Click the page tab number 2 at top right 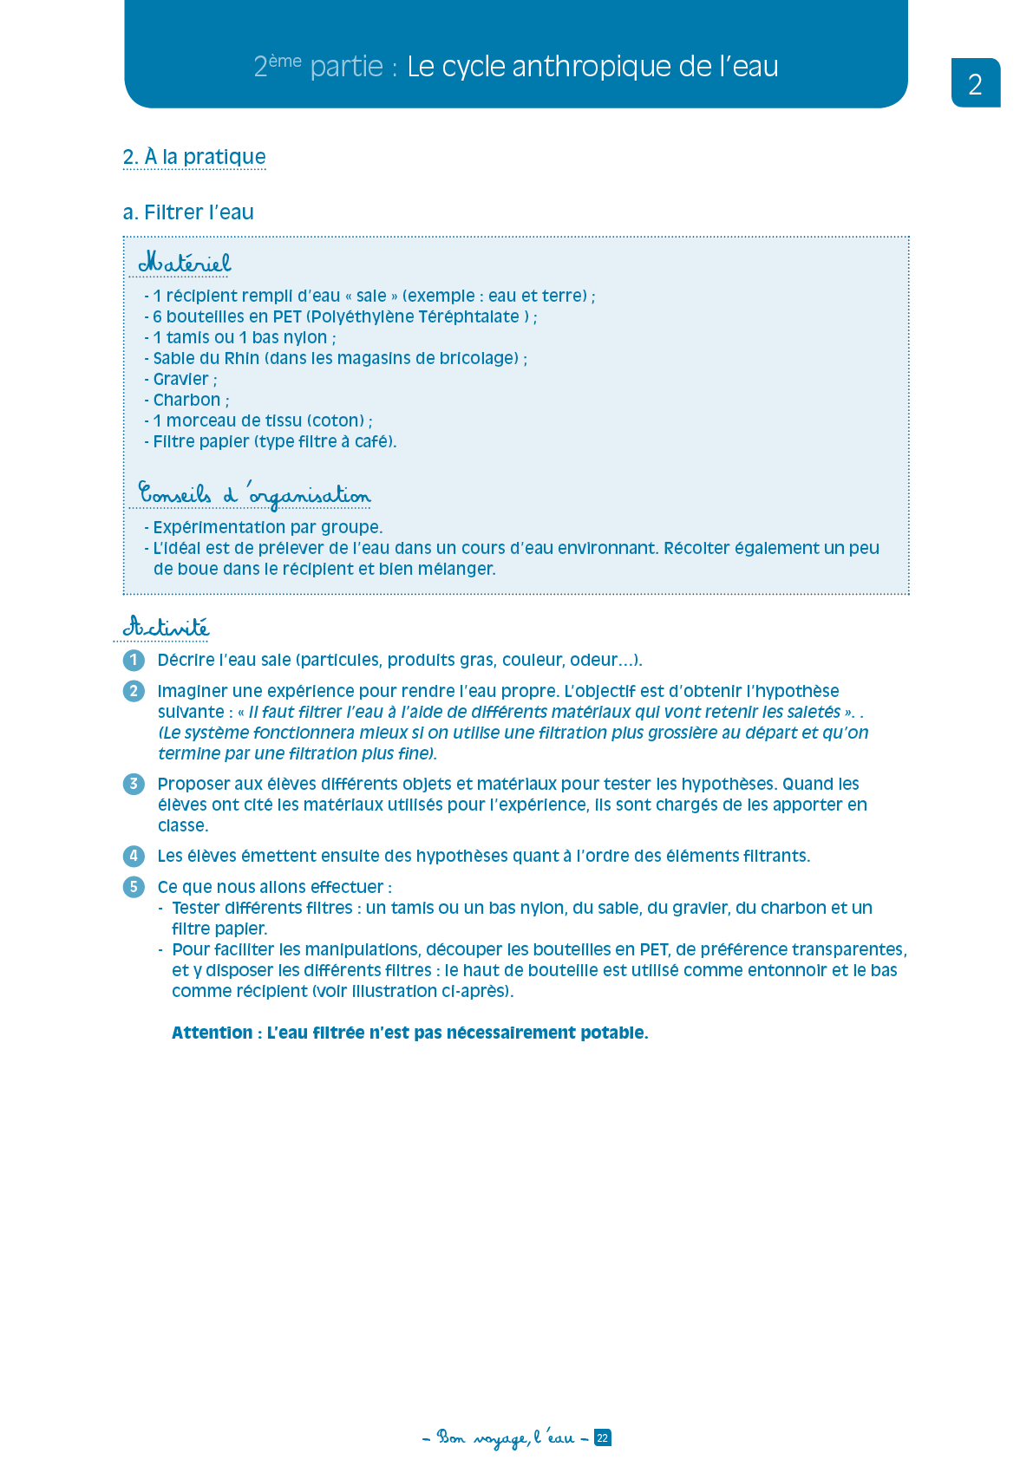[975, 84]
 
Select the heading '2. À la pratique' [194, 157]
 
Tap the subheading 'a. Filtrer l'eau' [188, 212]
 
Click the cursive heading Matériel [185, 262]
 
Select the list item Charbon [186, 400]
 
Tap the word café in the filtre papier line [373, 441]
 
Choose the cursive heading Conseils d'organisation [254, 494]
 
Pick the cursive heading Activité [166, 626]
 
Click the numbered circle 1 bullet [134, 661]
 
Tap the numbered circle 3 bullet [134, 785]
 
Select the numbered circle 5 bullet [134, 887]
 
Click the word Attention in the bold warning [212, 1033]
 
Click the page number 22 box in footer [603, 1437]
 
